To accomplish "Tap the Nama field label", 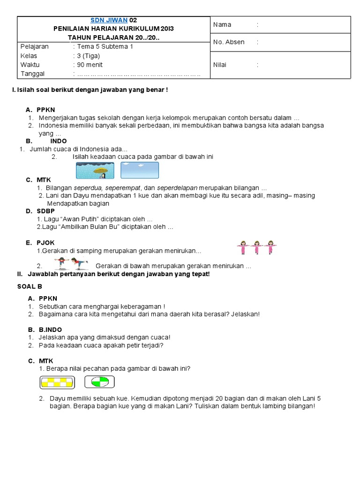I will click(222, 25).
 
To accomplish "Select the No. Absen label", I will click(229, 42).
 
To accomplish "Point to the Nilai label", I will click(220, 65).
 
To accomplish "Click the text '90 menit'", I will click(90, 65).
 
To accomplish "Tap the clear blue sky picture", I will click(139, 170).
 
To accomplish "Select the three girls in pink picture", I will click(256, 247).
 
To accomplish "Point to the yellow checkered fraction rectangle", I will click(57, 382).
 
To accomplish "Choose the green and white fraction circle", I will click(99, 382).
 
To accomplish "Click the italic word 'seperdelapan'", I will click(180, 188).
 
